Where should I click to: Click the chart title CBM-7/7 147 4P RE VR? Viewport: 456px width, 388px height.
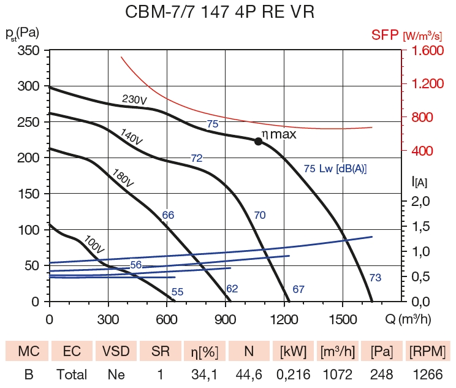coord(227,12)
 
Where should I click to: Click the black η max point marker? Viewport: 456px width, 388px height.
coord(258,141)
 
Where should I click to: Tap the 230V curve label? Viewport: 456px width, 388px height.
coord(134,99)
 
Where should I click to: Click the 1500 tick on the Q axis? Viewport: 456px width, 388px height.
coord(343,319)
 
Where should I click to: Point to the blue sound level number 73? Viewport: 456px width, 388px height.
coord(375,278)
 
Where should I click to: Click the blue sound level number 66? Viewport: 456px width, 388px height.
coord(169,215)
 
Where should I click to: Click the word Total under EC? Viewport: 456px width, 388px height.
coord(72,374)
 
